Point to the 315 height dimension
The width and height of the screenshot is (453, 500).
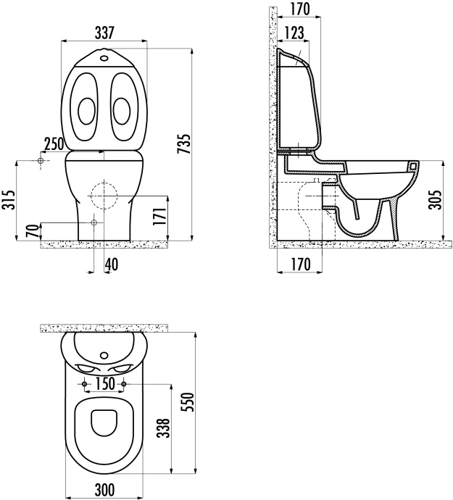(x=8, y=200)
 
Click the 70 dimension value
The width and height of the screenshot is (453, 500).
(x=31, y=232)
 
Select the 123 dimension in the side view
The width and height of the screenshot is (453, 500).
(x=294, y=33)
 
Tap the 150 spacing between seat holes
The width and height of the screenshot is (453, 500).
(x=105, y=383)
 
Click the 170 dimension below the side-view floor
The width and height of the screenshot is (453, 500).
(x=296, y=265)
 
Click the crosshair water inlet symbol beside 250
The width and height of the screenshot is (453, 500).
(x=41, y=160)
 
